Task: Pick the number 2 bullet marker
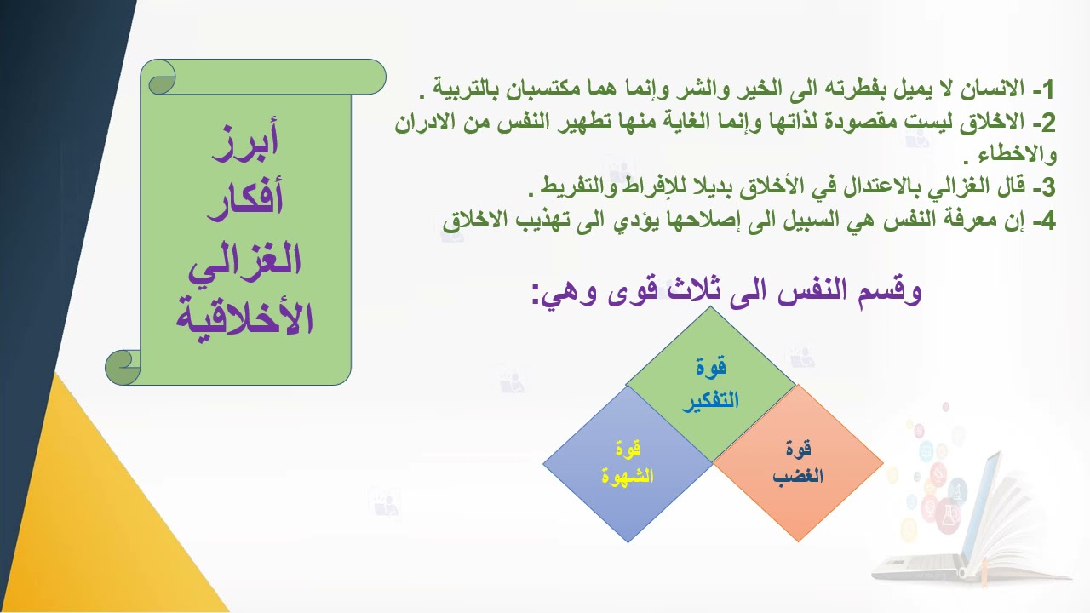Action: [x=1047, y=123]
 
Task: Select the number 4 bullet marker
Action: [x=1047, y=221]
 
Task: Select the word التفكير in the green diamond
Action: [x=710, y=401]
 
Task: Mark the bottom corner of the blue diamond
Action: [x=628, y=541]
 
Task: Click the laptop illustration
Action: [x=979, y=502]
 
